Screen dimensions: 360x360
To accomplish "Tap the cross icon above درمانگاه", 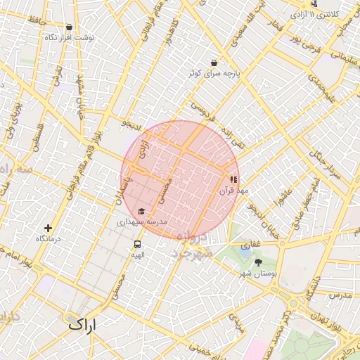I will pos(48,228).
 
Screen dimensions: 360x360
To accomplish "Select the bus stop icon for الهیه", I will pos(137,244).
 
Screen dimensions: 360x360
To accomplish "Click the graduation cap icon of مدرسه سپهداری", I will pos(141,211).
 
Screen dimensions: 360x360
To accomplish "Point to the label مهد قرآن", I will pos(233,191).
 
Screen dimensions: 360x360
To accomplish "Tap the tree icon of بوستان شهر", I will pos(258,262).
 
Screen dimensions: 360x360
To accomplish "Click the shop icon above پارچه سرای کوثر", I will pos(214,63).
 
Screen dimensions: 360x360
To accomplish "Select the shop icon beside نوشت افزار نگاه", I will pos(48,36).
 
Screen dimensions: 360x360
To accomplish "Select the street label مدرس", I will pos(339,295).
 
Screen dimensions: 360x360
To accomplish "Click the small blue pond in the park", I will pos(245,247).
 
